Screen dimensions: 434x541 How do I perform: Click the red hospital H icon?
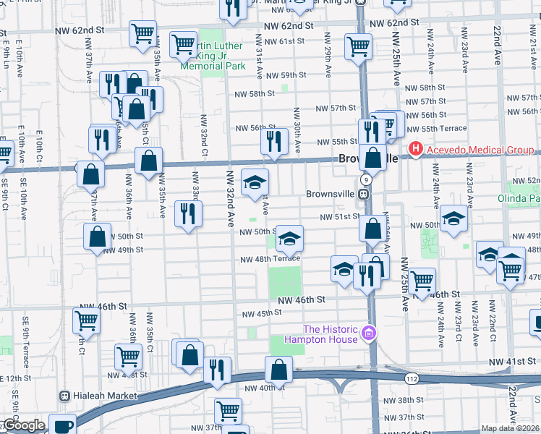pos(416,150)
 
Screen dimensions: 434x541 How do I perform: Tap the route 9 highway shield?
pos(367,179)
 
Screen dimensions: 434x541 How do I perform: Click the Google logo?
pos(23,425)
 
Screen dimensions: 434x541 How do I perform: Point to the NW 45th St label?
pos(260,313)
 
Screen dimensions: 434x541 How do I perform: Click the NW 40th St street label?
pos(260,388)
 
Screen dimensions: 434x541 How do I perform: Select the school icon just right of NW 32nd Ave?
pos(254,182)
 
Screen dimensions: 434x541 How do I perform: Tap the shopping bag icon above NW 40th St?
pos(278,369)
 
